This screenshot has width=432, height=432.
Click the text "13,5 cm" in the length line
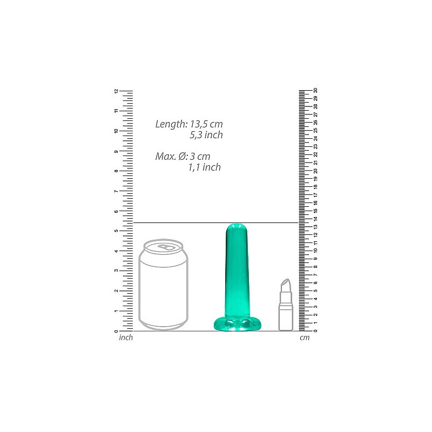[x=206, y=124]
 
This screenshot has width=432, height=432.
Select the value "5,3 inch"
[x=206, y=135]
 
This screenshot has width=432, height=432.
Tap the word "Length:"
[x=171, y=124]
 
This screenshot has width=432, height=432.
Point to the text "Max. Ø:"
[x=171, y=157]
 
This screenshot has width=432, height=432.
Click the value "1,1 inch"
[x=205, y=167]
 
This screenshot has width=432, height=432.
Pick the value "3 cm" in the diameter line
[x=200, y=157]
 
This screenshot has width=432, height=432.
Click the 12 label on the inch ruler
[x=116, y=91]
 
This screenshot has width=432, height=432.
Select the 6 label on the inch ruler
[x=116, y=211]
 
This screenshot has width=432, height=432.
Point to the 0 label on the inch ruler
[x=116, y=332]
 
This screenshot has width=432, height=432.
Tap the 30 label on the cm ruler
[x=315, y=91]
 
